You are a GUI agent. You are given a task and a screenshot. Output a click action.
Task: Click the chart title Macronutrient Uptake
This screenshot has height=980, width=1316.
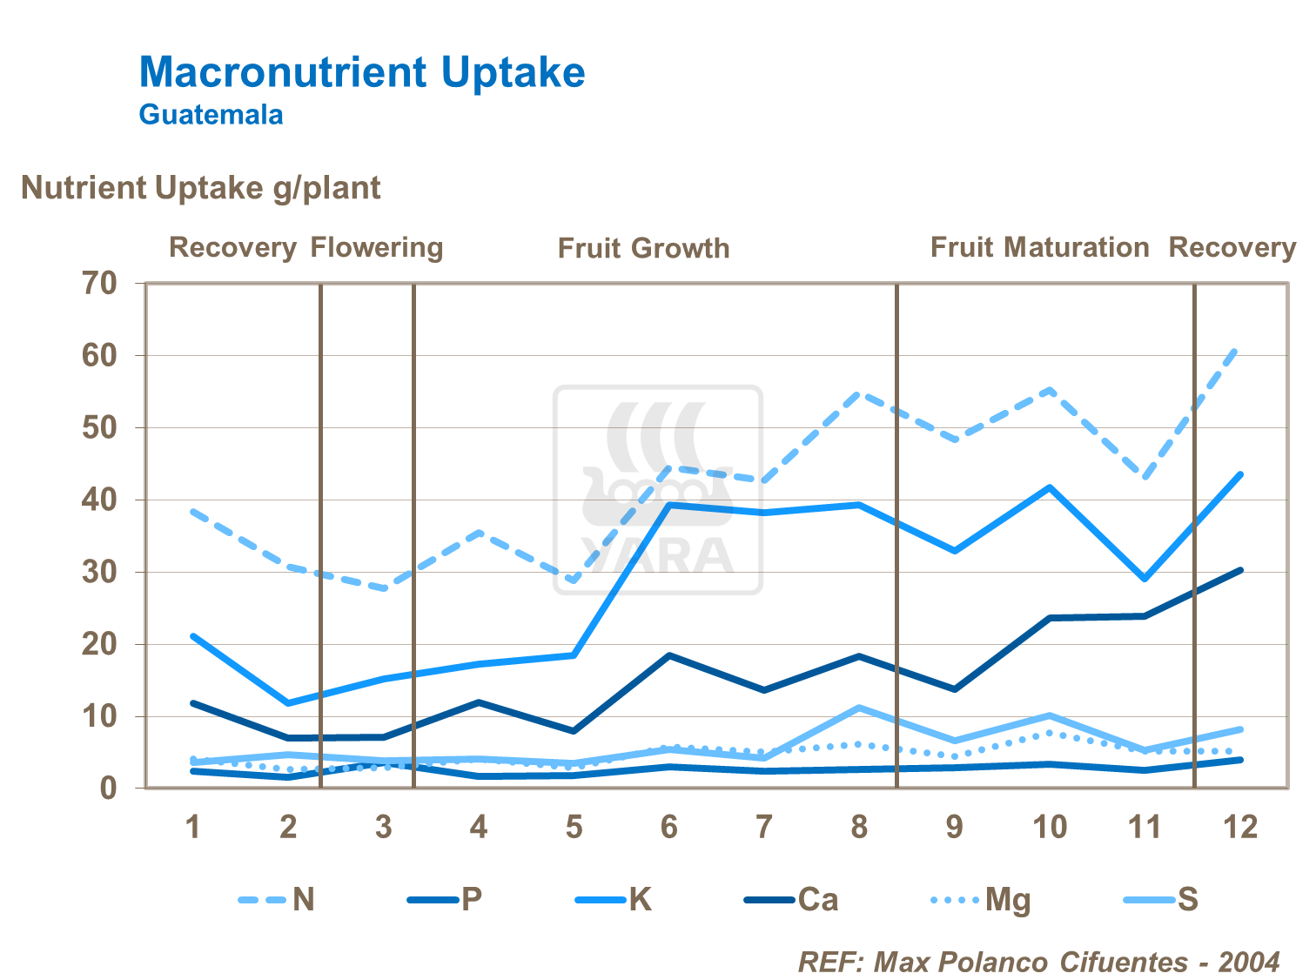[362, 71]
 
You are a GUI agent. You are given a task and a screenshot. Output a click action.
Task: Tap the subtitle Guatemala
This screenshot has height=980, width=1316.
[211, 115]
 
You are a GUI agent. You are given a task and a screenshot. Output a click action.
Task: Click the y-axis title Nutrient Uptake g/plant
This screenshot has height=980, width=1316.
[200, 188]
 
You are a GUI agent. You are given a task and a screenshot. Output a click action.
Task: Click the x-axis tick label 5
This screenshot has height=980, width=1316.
[574, 827]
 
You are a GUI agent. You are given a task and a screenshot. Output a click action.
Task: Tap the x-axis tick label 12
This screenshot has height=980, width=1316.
[1240, 827]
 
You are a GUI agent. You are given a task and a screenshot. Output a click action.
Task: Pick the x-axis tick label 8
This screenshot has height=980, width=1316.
[859, 827]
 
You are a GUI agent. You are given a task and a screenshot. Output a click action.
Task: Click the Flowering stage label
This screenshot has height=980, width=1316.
[377, 247]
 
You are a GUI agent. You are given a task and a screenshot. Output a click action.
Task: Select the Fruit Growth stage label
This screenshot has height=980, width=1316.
[643, 248]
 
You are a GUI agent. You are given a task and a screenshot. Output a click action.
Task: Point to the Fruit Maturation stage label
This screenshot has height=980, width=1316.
[1039, 247]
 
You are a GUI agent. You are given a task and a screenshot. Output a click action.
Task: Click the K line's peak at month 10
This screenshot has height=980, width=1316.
[1051, 487]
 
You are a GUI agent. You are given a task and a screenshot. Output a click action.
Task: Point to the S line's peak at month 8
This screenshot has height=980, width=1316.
[859, 708]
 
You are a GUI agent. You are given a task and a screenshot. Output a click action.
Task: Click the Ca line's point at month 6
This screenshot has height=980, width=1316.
[668, 654]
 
